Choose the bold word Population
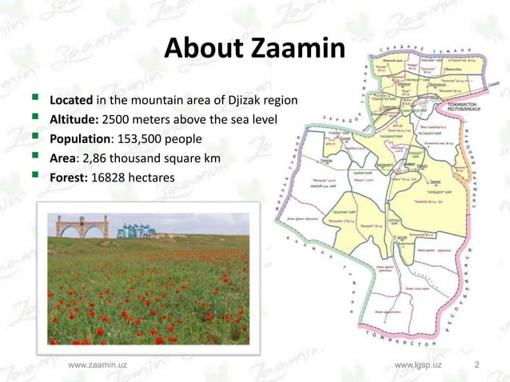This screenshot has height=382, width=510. tap(82, 138)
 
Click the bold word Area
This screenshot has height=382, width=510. tap(63, 157)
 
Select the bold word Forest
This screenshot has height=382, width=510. tap(68, 175)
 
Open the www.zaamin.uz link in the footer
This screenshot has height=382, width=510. tap(98, 365)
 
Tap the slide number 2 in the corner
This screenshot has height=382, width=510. tap(477, 365)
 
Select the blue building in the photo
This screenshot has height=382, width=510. tap(137, 230)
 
